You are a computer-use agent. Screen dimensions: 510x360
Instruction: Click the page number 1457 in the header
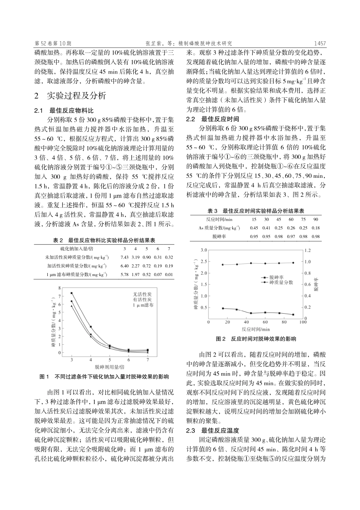point(319,44)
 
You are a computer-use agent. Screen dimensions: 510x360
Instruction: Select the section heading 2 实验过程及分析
point(70,96)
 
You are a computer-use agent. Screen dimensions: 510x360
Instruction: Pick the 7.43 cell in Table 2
point(124,257)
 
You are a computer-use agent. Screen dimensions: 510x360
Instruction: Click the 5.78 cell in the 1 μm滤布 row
point(124,275)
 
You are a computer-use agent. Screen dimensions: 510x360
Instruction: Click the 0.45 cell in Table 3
point(254,228)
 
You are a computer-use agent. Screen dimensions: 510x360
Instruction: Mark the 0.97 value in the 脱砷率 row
point(291,237)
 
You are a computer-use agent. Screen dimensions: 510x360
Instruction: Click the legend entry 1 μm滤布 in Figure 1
point(143,305)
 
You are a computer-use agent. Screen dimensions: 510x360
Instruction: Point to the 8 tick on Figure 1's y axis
point(59,288)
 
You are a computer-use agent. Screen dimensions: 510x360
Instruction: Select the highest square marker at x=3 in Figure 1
point(72,293)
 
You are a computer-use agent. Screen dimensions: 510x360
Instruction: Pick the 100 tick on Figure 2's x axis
point(303,322)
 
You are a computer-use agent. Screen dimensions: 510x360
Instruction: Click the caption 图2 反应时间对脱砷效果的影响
point(256,339)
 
